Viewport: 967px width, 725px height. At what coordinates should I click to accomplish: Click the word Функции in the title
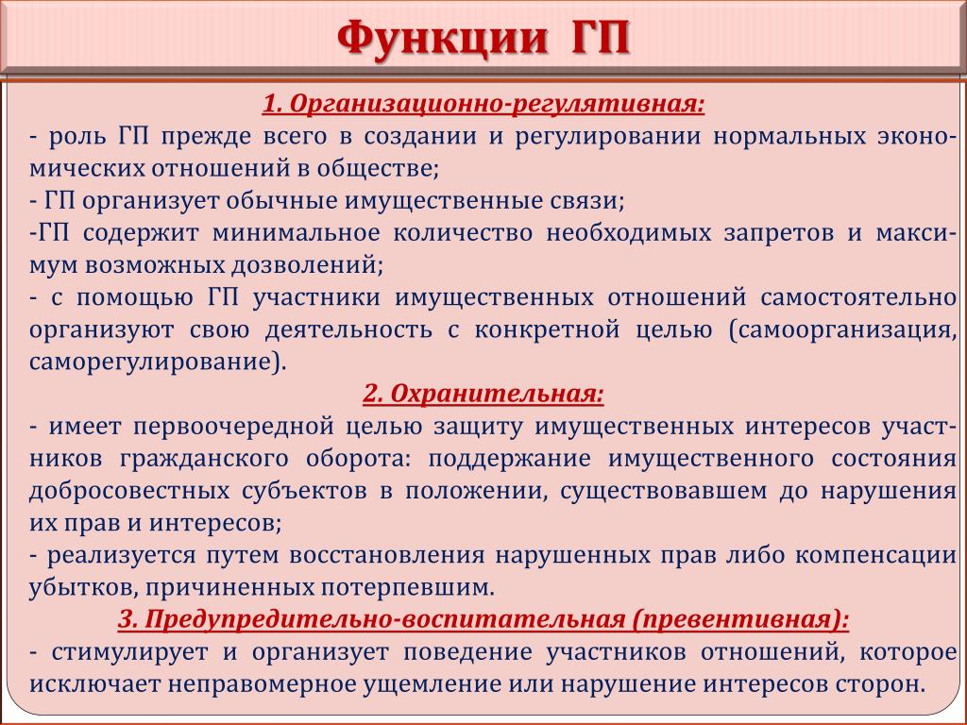pyautogui.click(x=443, y=39)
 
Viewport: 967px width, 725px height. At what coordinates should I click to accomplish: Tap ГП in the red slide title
pyautogui.click(x=599, y=38)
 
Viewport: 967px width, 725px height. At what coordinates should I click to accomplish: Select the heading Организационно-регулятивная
pyautogui.click(x=493, y=104)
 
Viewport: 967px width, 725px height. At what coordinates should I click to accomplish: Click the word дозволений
pyautogui.click(x=307, y=265)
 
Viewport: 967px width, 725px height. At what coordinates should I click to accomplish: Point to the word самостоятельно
pyautogui.click(x=857, y=297)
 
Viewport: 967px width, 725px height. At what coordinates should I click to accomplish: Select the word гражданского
pyautogui.click(x=204, y=460)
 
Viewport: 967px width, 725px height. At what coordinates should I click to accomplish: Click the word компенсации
pyautogui.click(x=874, y=555)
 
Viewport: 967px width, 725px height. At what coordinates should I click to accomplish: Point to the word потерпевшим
pyautogui.click(x=408, y=587)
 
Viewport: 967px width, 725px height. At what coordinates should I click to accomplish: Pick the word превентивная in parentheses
pyautogui.click(x=738, y=619)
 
